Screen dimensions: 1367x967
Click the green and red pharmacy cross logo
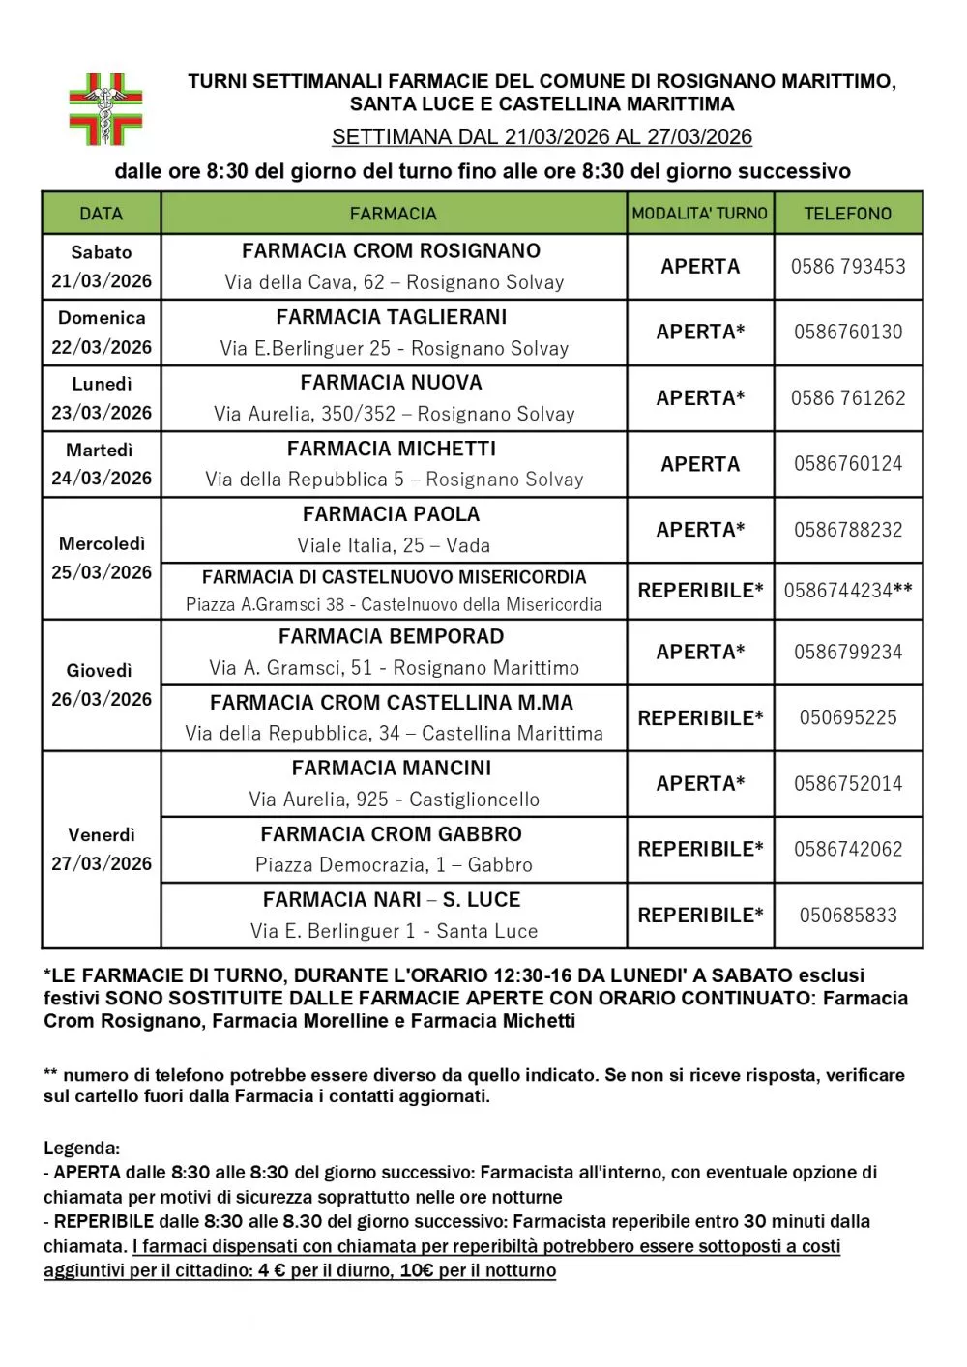click(105, 108)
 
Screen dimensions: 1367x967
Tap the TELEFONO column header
click(847, 214)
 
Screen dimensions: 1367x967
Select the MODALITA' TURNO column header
click(699, 214)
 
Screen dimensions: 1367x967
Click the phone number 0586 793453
click(848, 267)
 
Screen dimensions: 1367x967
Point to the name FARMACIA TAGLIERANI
click(392, 317)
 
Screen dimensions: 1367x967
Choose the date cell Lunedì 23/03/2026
click(102, 398)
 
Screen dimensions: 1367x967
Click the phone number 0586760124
click(848, 464)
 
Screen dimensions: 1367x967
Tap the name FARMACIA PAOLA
click(392, 514)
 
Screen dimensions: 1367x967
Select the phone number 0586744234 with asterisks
click(848, 591)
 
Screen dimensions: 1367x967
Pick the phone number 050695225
click(848, 718)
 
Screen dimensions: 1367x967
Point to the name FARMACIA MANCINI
click(392, 769)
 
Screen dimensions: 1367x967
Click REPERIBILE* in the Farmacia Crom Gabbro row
click(700, 850)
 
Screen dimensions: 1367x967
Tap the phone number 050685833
click(848, 916)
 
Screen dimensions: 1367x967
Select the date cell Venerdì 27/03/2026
click(102, 849)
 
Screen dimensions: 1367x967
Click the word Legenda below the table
click(81, 1149)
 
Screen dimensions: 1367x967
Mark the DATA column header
click(101, 214)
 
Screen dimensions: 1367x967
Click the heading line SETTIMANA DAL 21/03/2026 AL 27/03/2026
click(542, 137)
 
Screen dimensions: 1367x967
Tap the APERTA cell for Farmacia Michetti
click(700, 464)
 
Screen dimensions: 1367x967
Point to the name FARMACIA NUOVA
click(392, 383)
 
